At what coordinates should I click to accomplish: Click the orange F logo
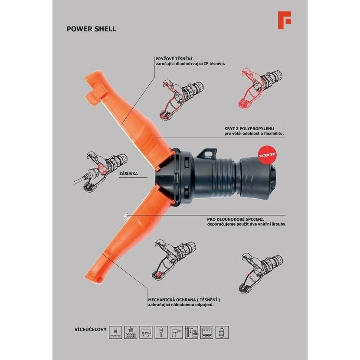284,20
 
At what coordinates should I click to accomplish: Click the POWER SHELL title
92,29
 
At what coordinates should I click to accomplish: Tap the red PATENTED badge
267,155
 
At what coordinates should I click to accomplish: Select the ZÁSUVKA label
128,174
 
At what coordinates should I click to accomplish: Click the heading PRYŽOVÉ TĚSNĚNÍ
174,59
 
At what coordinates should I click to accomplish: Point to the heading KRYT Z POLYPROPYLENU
249,128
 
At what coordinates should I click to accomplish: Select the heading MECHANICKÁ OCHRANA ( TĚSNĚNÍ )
184,300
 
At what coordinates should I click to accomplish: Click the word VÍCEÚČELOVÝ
91,330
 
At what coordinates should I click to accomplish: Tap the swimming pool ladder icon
115,332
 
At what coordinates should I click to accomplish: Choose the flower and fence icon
131,332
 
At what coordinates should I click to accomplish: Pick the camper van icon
146,332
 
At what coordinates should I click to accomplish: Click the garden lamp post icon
161,332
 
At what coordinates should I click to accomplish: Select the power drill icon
177,332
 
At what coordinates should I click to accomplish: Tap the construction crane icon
191,332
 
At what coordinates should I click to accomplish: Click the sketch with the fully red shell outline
260,88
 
